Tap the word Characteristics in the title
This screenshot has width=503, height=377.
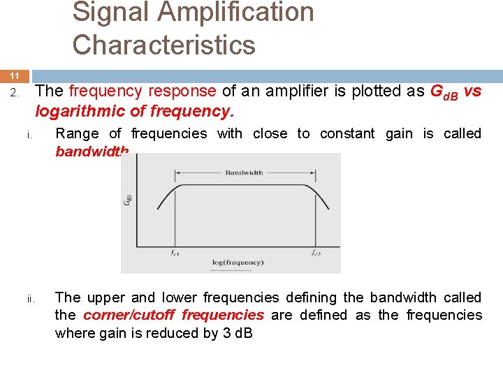coord(163,45)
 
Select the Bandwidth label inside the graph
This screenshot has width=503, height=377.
coord(245,172)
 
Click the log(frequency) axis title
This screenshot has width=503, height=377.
coord(238,263)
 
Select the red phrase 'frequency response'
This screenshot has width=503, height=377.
coord(143,91)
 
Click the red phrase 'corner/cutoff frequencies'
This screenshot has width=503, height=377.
coord(173,315)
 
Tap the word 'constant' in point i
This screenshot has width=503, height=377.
coord(347,133)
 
